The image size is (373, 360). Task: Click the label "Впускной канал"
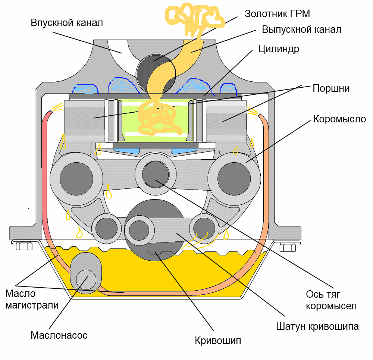point(67,23)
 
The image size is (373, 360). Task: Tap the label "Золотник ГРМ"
point(278,14)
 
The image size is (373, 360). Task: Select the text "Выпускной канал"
point(301,29)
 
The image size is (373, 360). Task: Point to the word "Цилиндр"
point(279,49)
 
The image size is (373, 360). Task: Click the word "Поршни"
point(331,88)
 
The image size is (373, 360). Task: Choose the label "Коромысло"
point(339,119)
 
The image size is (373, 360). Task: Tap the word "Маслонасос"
point(59,335)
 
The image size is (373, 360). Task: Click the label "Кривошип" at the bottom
point(218,341)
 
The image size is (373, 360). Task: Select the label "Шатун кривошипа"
point(317,326)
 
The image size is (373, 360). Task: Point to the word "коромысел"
point(331,306)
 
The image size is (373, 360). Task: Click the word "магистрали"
point(32,305)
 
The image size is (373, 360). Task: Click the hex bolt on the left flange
point(24,246)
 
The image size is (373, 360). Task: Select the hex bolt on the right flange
point(288,248)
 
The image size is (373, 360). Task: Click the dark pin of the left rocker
point(76,179)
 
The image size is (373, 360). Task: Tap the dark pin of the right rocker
point(234,179)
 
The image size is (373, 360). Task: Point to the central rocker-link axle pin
point(156,174)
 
